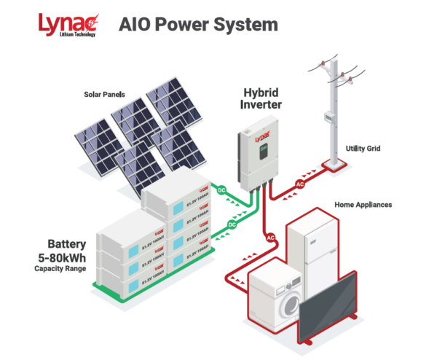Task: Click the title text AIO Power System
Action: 198,24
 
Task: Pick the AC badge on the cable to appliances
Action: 269,238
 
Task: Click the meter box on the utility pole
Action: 329,120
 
